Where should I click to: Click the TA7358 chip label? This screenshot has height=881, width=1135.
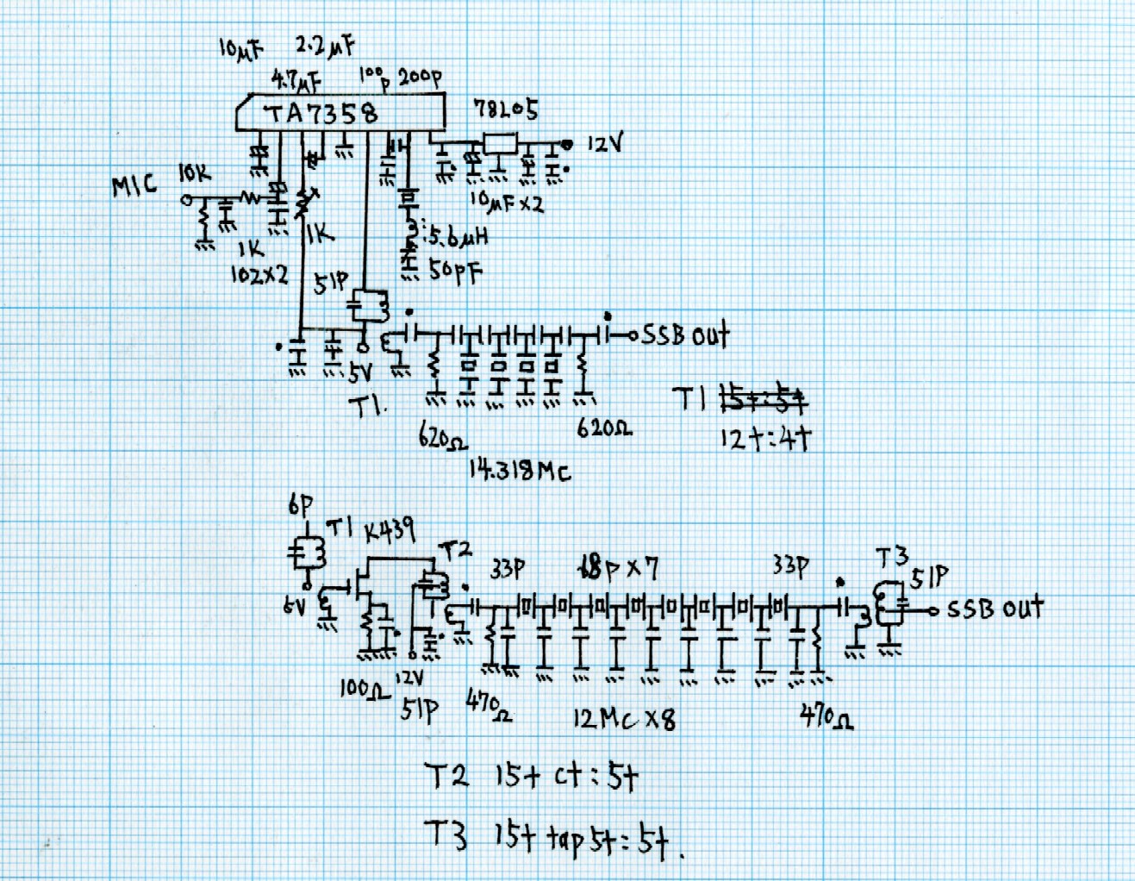point(321,114)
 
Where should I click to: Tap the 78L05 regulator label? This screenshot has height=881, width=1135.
point(505,109)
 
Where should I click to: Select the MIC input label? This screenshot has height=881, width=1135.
point(134,185)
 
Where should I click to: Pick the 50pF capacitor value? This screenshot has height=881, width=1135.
point(456,272)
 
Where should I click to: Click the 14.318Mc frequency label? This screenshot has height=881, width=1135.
point(519,470)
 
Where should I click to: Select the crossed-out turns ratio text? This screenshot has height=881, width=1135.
point(764,399)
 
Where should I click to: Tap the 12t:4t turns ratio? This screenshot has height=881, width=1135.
point(765,439)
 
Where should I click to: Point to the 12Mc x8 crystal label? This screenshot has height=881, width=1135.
point(624,718)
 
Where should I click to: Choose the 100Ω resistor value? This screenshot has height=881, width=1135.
point(365,688)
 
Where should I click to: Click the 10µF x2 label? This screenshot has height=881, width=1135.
point(507,203)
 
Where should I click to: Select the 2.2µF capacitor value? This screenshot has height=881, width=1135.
point(325,46)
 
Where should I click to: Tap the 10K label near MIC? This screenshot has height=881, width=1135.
point(194,173)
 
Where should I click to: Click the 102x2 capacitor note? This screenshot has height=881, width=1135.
point(259,275)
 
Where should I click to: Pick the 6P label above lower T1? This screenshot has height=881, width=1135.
point(301,506)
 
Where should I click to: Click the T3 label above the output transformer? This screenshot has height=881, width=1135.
point(892,559)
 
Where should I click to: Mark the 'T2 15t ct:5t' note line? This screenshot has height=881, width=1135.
point(533,777)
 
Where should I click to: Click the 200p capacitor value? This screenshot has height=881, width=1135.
point(420,78)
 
